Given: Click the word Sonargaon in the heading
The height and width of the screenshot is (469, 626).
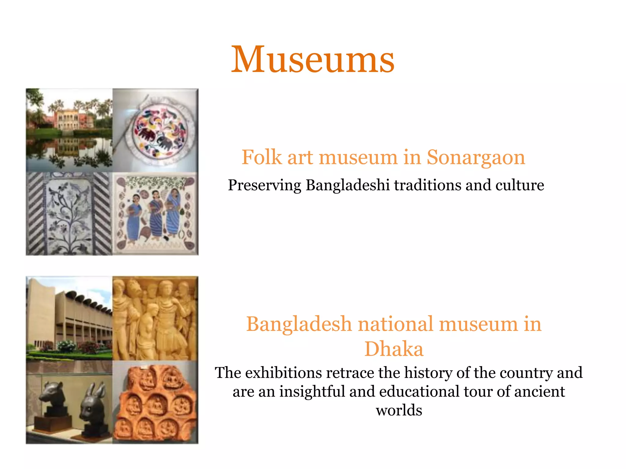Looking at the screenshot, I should [476, 158].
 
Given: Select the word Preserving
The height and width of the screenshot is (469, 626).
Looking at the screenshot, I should [264, 185].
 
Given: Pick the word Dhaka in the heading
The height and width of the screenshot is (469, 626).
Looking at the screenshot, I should [394, 349].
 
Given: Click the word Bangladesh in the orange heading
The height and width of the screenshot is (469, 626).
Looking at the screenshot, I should [299, 324].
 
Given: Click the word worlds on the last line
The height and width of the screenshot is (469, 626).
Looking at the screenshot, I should [399, 410].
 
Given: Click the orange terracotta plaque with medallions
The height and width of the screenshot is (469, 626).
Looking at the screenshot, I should [155, 403].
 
